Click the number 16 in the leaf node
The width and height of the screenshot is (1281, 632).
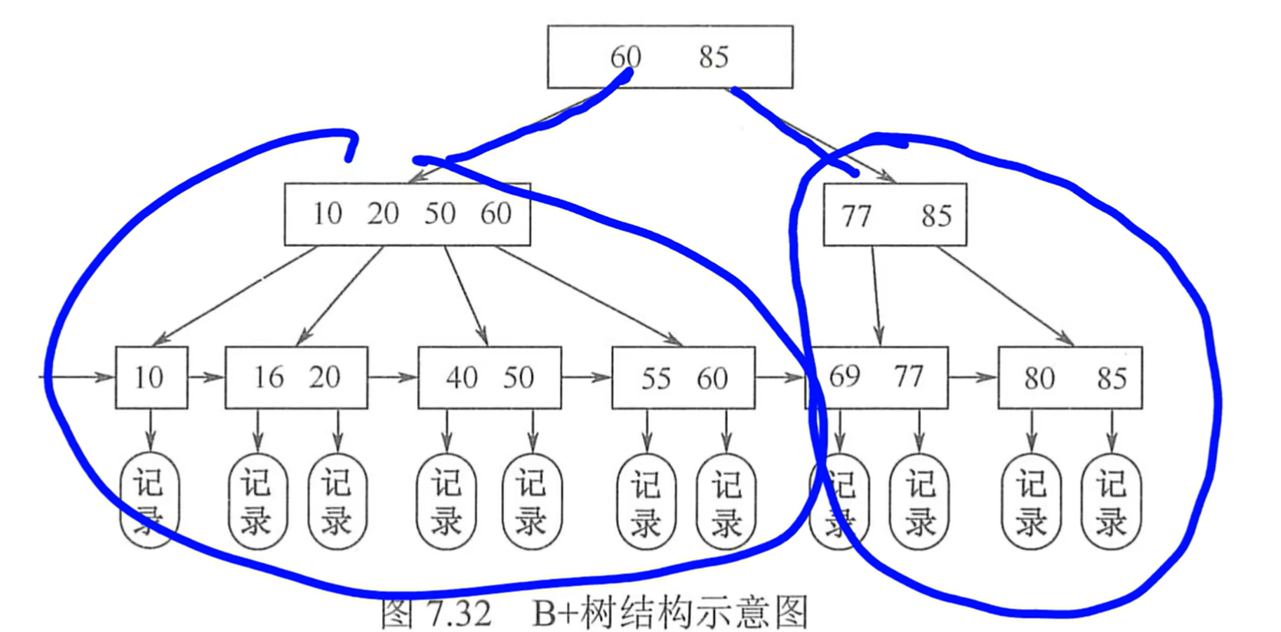[x=268, y=377]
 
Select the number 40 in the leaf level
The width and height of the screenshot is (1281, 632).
[x=462, y=377]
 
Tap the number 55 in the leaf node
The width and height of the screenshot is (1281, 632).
[x=656, y=378]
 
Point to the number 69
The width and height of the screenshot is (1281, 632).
[x=845, y=377]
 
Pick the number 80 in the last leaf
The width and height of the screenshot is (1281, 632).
[x=1039, y=378]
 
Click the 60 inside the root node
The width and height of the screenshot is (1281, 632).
[x=625, y=57]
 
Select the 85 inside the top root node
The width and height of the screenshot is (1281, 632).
[x=713, y=57]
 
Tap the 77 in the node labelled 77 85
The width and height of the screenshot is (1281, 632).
[x=856, y=216]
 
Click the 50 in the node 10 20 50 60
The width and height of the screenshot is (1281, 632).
[x=440, y=214]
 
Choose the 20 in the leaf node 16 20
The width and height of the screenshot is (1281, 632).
[x=324, y=377]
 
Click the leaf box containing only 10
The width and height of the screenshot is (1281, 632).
[x=151, y=377]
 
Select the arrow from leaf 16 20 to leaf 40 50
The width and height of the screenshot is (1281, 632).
[x=393, y=377]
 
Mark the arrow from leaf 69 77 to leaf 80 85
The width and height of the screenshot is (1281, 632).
[x=973, y=377]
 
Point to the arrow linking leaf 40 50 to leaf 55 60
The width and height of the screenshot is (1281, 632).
[x=586, y=377]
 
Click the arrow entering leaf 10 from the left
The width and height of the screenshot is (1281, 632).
[x=77, y=377]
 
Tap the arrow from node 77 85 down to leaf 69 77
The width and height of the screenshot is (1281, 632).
[x=876, y=295]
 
